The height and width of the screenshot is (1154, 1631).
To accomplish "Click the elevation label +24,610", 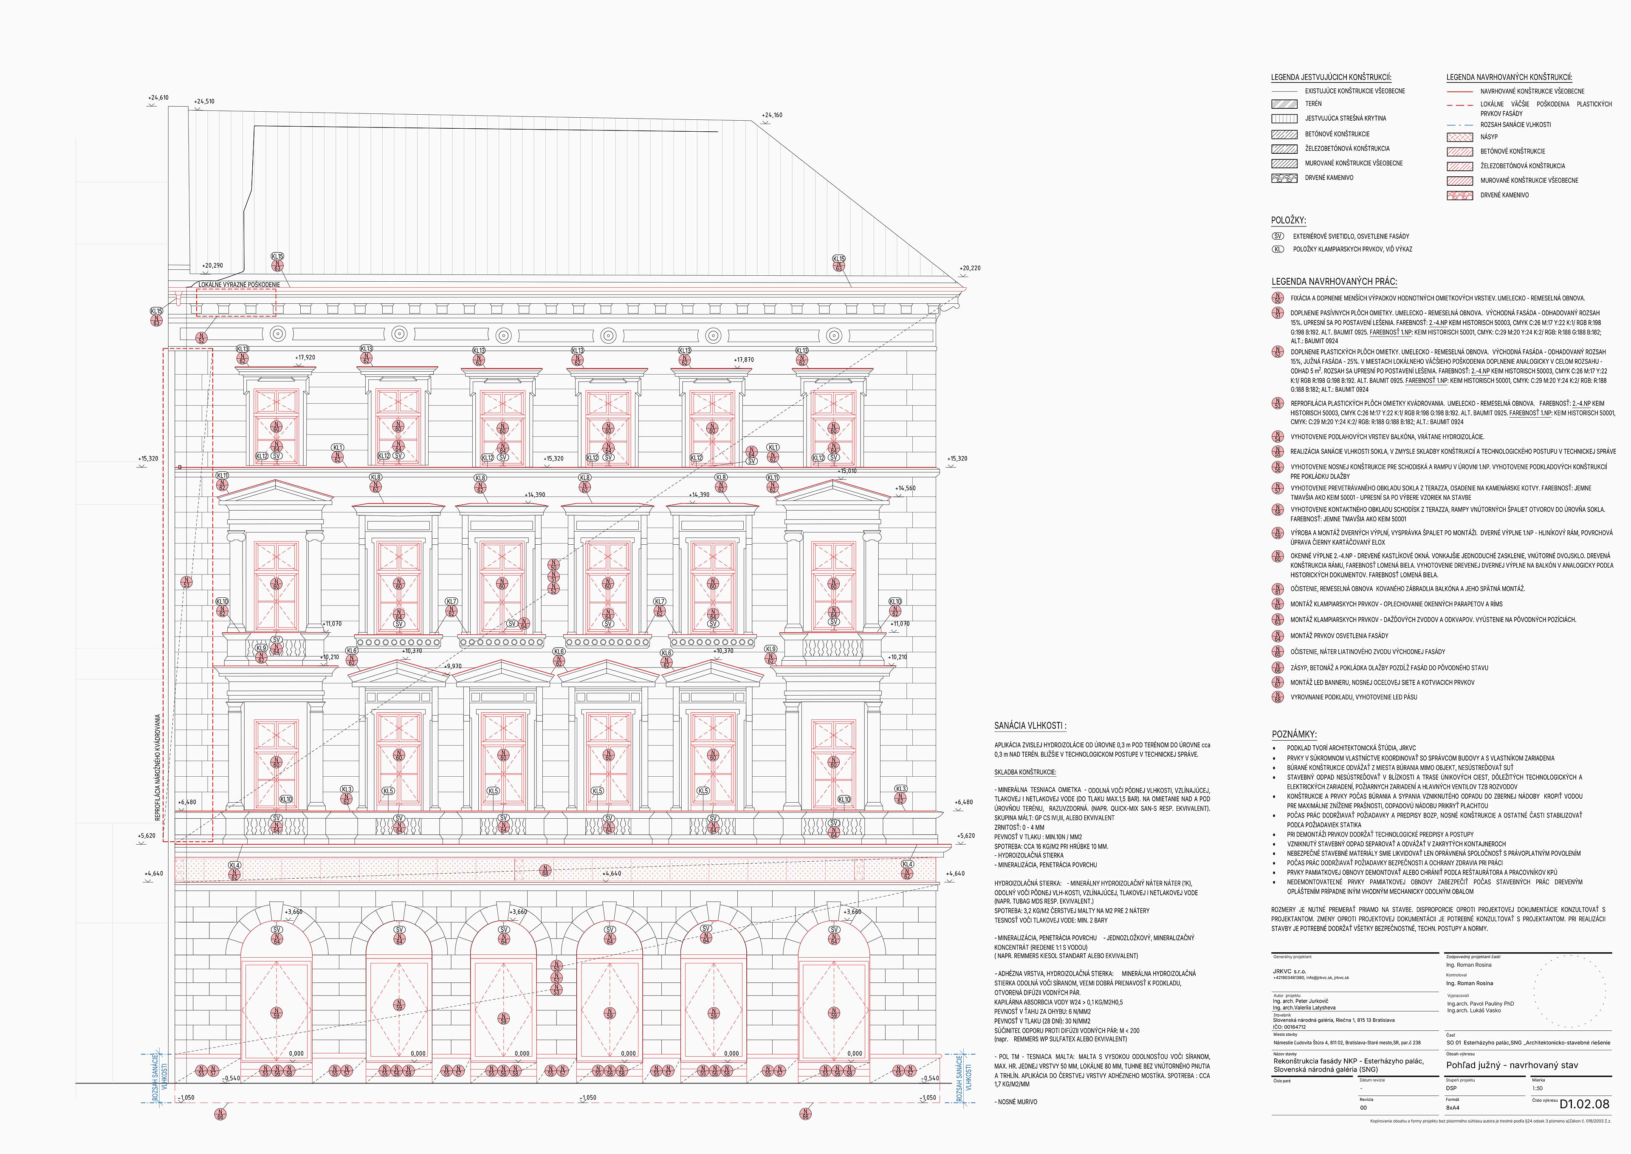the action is (x=158, y=97).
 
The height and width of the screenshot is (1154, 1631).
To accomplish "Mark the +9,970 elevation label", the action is (x=452, y=667).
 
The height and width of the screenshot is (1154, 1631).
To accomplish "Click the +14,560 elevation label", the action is (x=906, y=488).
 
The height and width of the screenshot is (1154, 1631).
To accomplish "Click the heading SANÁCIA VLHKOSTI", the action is (x=1030, y=726).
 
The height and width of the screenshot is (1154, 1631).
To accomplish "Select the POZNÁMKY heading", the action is (x=1294, y=735).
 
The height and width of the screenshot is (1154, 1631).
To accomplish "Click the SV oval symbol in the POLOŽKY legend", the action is (x=1278, y=236).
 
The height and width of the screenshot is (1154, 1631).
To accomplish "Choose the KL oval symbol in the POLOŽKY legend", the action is (x=1278, y=249).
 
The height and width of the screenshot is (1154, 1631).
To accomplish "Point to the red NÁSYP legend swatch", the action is (x=1459, y=136).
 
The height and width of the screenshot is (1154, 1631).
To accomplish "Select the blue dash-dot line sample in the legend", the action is (x=1459, y=124).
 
